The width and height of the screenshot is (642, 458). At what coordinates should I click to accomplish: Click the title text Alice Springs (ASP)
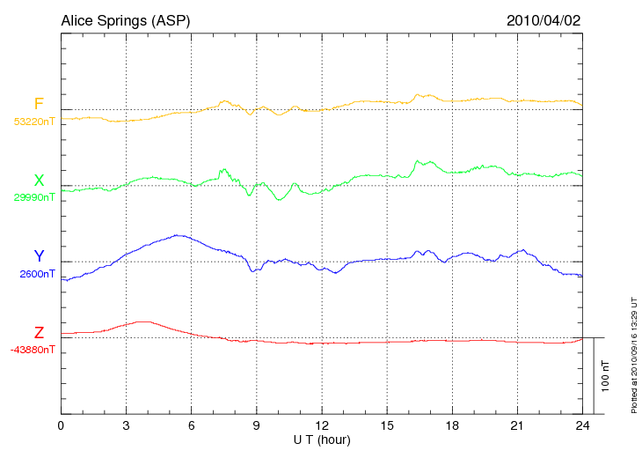click(x=125, y=20)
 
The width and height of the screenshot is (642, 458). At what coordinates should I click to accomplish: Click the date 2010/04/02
click(x=544, y=20)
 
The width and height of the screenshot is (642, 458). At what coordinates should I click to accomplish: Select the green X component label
click(x=39, y=181)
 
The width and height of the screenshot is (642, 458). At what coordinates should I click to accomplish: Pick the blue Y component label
click(x=39, y=256)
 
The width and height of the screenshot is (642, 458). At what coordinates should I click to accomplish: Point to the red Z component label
click(x=39, y=332)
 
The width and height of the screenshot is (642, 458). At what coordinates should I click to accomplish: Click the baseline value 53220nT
click(x=33, y=122)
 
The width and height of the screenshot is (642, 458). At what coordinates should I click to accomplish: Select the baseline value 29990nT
click(x=33, y=197)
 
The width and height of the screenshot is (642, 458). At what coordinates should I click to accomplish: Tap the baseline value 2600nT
click(x=37, y=273)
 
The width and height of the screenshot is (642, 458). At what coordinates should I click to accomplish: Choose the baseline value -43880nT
click(x=33, y=349)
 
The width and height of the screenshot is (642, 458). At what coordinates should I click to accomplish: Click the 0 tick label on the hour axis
click(x=61, y=426)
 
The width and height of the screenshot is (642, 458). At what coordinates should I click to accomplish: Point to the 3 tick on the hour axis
click(x=126, y=426)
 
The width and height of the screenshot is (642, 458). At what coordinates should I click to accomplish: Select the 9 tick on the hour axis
click(x=256, y=426)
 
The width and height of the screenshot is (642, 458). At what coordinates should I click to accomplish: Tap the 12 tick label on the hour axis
click(x=321, y=426)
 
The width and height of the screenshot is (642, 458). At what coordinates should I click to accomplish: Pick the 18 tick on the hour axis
click(x=451, y=426)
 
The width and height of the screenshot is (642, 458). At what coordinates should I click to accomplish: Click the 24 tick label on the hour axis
click(x=581, y=426)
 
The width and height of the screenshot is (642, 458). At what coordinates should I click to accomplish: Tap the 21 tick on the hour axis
click(x=516, y=426)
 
